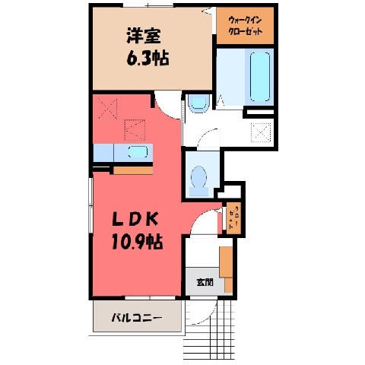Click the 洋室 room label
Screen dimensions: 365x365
click(144, 36)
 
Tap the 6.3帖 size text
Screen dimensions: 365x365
click(148, 59)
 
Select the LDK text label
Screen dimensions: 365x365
click(135, 219)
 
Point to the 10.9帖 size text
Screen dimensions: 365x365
click(137, 241)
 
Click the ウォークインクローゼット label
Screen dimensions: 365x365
click(245, 26)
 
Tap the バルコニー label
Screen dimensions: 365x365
click(137, 317)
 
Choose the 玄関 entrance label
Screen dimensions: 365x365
click(205, 282)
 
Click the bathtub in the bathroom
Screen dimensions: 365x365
click(260, 77)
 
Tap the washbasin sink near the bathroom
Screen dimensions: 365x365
click(199, 103)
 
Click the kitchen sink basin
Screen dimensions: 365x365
click(138, 152)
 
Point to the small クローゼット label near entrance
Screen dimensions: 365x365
click(233, 218)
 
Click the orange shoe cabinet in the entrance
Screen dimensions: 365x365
click(226, 268)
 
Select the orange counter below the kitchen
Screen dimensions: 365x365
click(133, 170)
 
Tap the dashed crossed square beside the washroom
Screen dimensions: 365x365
click(261, 132)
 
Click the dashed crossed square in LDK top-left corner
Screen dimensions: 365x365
click(107, 109)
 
